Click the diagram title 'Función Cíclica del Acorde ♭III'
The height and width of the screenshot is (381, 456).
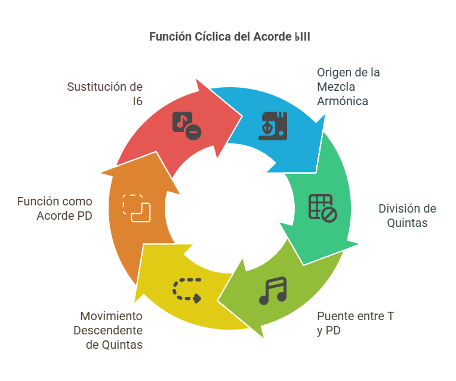(x=230, y=36)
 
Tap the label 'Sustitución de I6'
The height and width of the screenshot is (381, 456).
(x=105, y=94)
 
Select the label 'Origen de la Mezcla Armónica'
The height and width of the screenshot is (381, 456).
(x=349, y=87)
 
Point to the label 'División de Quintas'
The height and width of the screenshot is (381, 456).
(x=407, y=216)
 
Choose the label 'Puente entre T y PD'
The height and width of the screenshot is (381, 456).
(x=355, y=323)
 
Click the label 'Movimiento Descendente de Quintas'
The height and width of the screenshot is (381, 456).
(x=108, y=330)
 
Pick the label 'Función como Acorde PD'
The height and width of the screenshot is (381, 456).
(x=55, y=208)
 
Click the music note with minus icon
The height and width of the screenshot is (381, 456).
(x=187, y=126)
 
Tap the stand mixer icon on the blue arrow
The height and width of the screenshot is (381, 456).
(x=273, y=126)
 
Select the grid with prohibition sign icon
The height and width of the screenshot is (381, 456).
(x=323, y=208)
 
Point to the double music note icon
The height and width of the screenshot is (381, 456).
(x=273, y=291)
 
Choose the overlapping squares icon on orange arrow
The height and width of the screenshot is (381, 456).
(x=137, y=208)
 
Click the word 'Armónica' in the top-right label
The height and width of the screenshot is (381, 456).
(x=343, y=101)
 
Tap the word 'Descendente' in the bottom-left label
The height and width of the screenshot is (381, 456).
(x=108, y=330)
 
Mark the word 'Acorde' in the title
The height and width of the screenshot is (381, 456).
(x=273, y=36)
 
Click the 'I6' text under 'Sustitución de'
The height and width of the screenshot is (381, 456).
(x=137, y=101)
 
